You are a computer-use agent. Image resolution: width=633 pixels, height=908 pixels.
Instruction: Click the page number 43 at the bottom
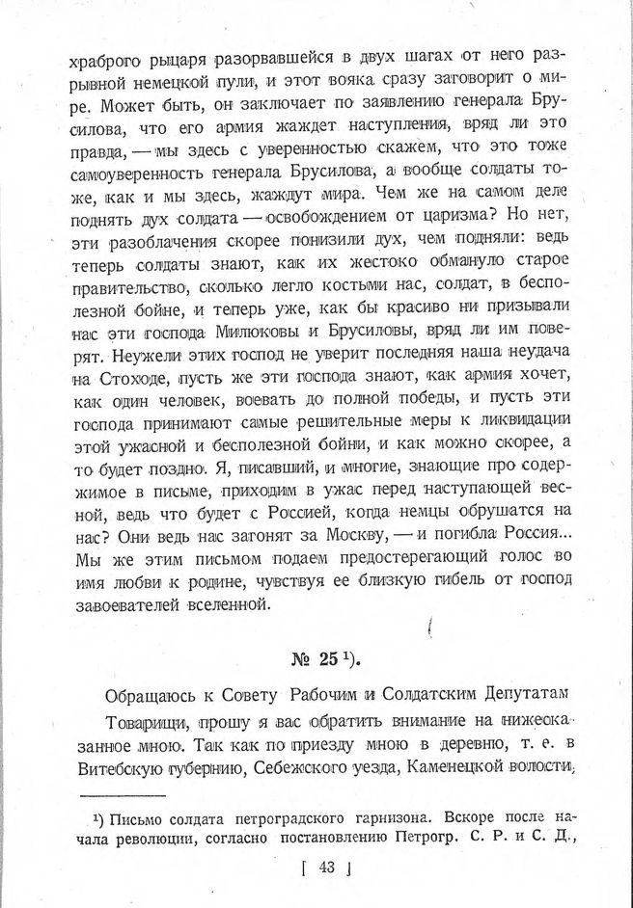324,874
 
